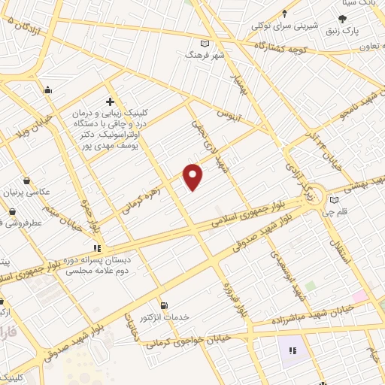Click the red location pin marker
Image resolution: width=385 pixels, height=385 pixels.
click(x=193, y=177)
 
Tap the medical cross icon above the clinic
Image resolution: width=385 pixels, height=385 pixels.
click(x=110, y=102)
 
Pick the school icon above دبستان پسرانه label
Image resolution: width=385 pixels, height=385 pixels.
click(x=97, y=247)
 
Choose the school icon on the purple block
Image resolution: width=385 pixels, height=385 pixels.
click(x=292, y=350)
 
